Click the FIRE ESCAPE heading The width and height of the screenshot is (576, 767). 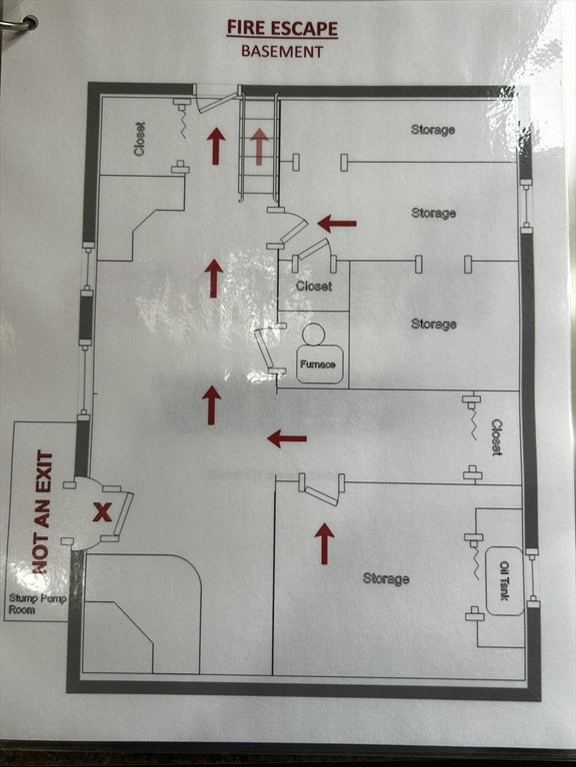[282, 28]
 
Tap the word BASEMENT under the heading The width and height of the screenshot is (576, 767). [282, 51]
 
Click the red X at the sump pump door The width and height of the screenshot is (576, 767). [102, 512]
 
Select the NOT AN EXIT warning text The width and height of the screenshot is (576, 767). [43, 511]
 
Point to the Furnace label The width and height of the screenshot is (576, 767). [318, 365]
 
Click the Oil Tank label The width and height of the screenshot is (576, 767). [504, 581]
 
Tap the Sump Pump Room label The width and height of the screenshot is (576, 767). [37, 604]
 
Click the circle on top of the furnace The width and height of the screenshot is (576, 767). [313, 335]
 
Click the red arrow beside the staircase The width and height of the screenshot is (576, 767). [216, 146]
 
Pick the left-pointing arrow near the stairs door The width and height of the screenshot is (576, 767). [337, 224]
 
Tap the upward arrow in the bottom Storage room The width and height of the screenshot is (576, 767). [324, 543]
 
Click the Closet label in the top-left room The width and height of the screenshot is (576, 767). [140, 140]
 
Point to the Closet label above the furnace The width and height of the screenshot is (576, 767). [314, 287]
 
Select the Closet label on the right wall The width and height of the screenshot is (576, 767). [497, 437]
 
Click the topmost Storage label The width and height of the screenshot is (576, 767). [433, 130]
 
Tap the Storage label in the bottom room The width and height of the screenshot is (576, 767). [386, 578]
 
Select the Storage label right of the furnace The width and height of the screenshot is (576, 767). [434, 324]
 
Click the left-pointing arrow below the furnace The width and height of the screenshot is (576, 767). [288, 438]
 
